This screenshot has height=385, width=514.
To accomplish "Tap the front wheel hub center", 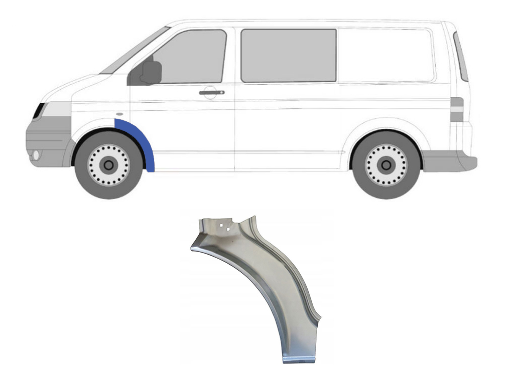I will (x=108, y=164).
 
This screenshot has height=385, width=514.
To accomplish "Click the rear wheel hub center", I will (x=385, y=164).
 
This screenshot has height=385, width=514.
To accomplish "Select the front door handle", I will (x=211, y=92).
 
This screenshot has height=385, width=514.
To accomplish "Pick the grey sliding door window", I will (x=288, y=55).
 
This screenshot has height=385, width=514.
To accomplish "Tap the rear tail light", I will (x=456, y=109).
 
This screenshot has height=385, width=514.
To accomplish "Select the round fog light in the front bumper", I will (x=36, y=155).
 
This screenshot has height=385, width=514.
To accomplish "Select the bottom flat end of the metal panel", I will (x=298, y=357).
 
